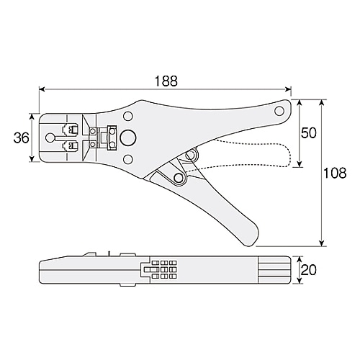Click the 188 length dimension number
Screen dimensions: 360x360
166,80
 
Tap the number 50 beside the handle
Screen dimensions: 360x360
308,133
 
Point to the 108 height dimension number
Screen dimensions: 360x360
336,173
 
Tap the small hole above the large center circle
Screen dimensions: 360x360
127,115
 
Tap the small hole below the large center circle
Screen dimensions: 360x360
127,160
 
